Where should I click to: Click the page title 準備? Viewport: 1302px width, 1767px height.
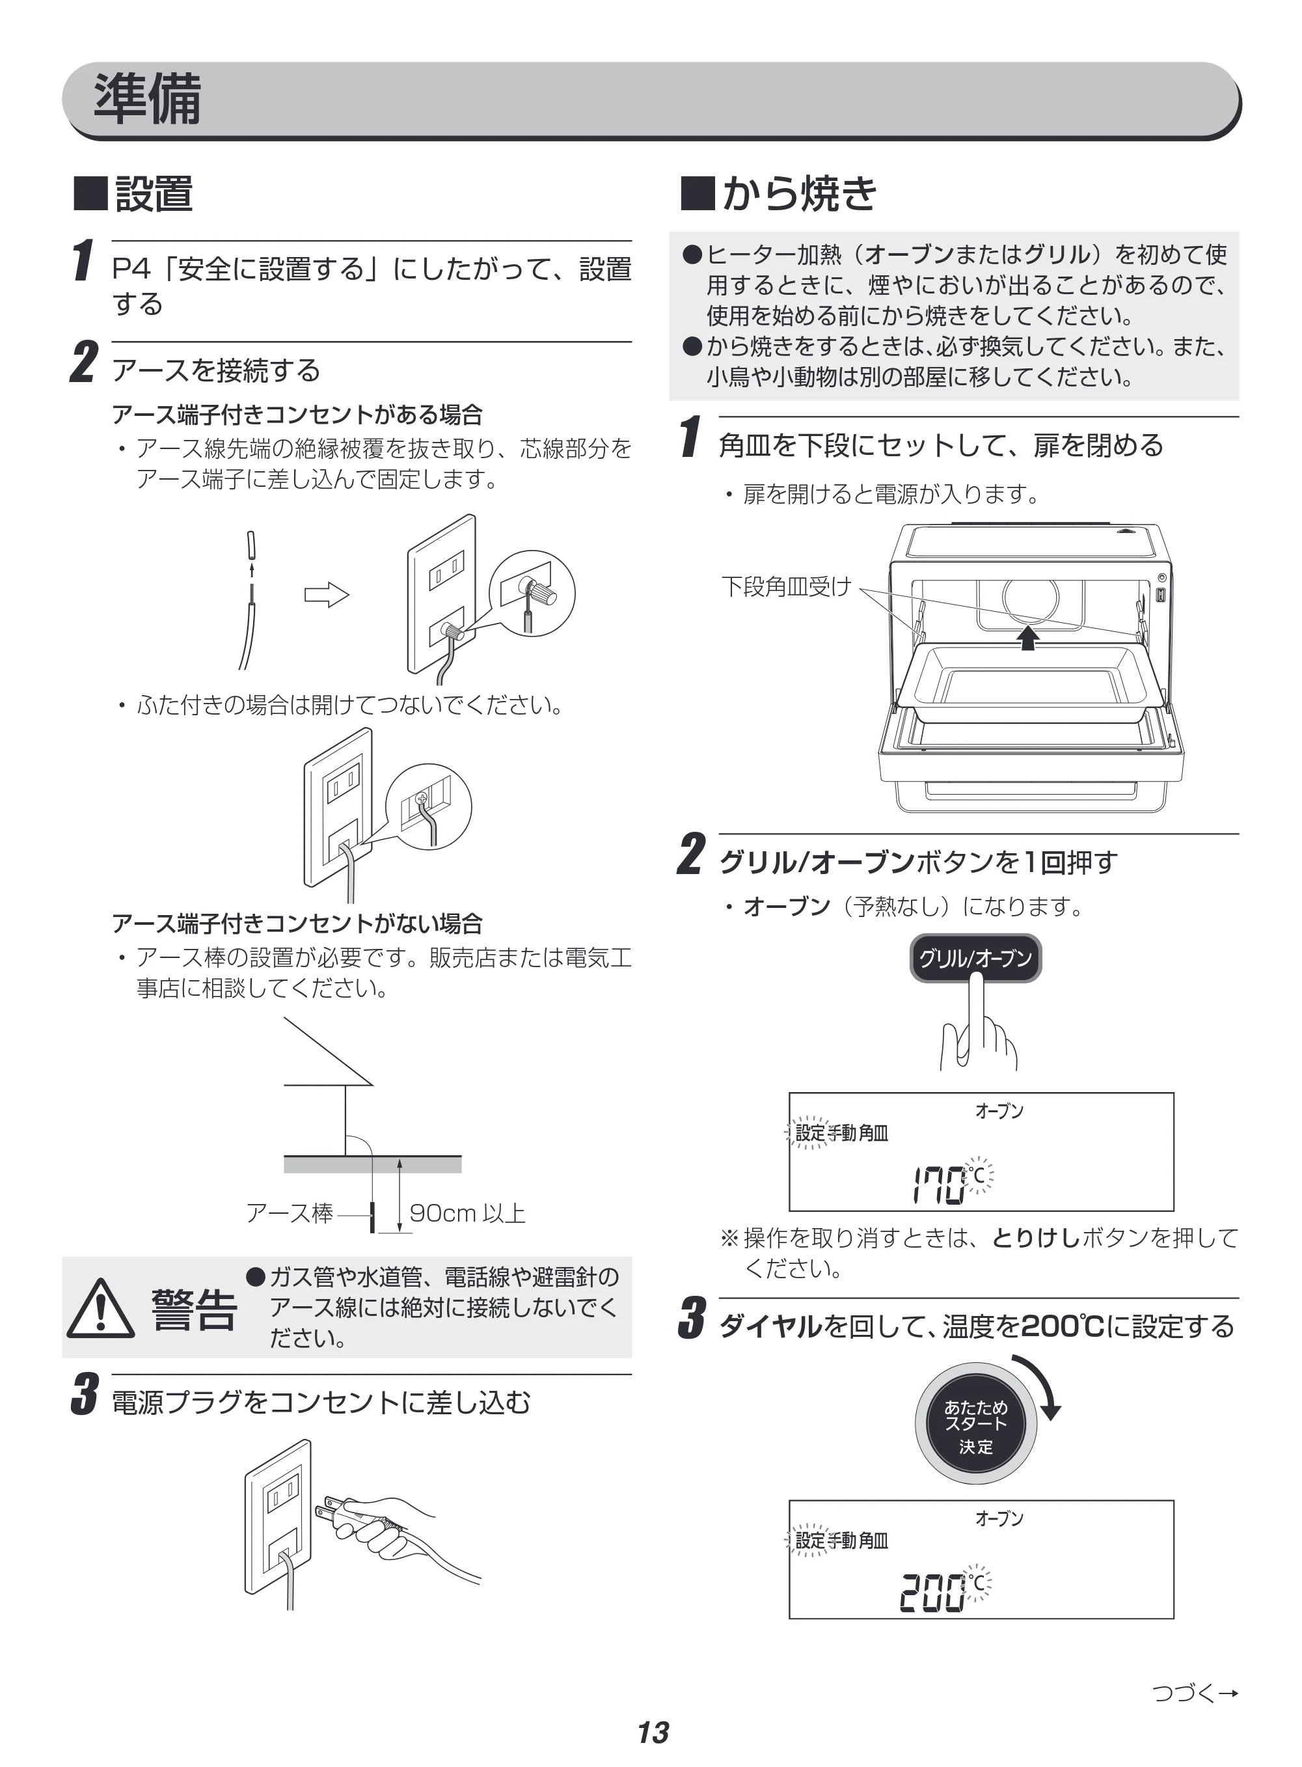(x=148, y=100)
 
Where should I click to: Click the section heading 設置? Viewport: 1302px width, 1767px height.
(x=154, y=194)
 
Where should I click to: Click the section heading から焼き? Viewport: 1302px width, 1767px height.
(x=799, y=194)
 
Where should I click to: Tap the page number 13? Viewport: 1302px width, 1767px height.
(x=653, y=1733)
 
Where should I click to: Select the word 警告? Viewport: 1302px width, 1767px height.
(x=194, y=1310)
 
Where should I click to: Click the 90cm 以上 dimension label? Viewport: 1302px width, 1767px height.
(x=467, y=1213)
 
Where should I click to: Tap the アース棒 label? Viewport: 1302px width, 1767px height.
(x=290, y=1213)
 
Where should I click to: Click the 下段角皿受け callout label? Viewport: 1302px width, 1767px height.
(x=787, y=586)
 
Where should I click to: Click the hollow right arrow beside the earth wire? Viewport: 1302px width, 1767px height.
(x=326, y=595)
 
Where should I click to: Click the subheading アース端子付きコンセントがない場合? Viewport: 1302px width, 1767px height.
(x=297, y=923)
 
